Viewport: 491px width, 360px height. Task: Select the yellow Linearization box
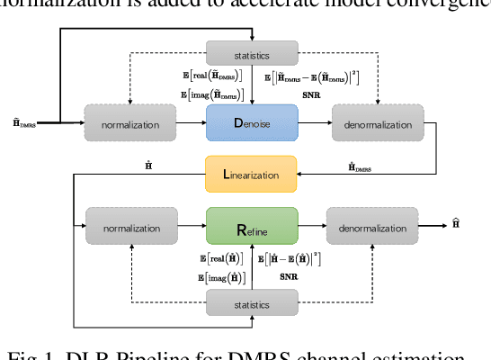coord(251,174)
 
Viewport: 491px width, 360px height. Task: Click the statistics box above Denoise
coord(251,53)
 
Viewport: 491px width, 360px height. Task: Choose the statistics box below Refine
coord(251,304)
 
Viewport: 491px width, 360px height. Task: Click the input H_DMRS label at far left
coord(25,121)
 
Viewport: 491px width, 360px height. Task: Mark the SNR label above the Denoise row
coord(311,94)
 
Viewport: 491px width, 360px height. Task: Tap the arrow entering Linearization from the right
coord(310,174)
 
